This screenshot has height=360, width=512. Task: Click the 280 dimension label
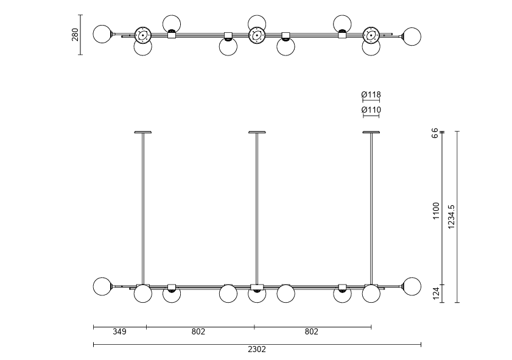75,35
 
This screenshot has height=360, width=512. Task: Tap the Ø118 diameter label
371,95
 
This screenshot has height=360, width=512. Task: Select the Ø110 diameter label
371,110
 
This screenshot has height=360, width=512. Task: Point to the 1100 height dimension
437,211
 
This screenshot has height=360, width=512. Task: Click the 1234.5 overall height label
451,217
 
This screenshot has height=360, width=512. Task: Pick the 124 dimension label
437,294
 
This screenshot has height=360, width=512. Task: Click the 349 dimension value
119,331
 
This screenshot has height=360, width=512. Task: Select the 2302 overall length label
257,350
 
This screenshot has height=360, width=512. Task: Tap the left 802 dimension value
198,331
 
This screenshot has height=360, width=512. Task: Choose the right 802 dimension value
312,331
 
